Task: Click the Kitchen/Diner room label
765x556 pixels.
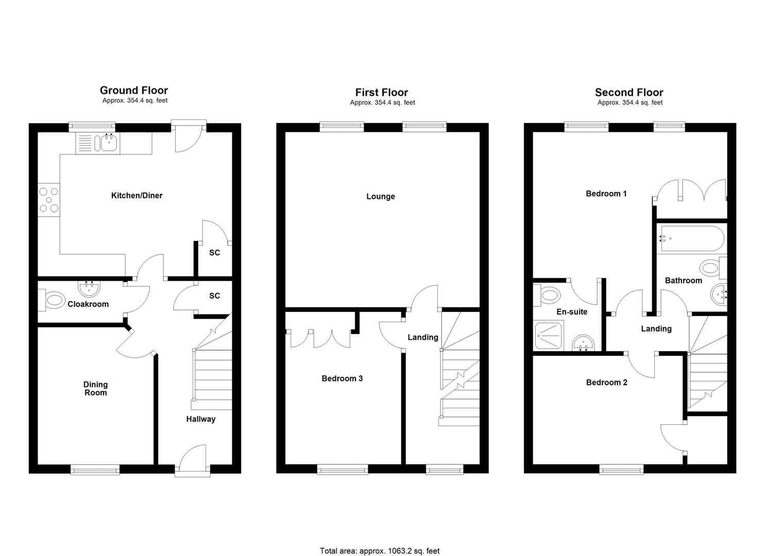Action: [x=137, y=196]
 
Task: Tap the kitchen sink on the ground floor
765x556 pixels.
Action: [x=108, y=142]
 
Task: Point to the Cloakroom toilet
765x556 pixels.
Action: [x=53, y=299]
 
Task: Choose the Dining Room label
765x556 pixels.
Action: [x=96, y=389]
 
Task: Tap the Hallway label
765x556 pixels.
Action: [x=201, y=419]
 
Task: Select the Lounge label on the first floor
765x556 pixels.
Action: [x=381, y=197]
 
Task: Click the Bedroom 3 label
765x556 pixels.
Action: [x=342, y=379]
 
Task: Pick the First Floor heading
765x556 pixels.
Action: [x=382, y=93]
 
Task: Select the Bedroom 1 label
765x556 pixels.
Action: [x=606, y=194]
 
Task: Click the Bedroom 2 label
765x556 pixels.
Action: [x=607, y=383]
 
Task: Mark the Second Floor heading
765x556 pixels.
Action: [x=629, y=93]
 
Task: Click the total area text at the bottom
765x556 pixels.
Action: [x=380, y=551]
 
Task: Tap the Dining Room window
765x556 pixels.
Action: [x=95, y=469]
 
